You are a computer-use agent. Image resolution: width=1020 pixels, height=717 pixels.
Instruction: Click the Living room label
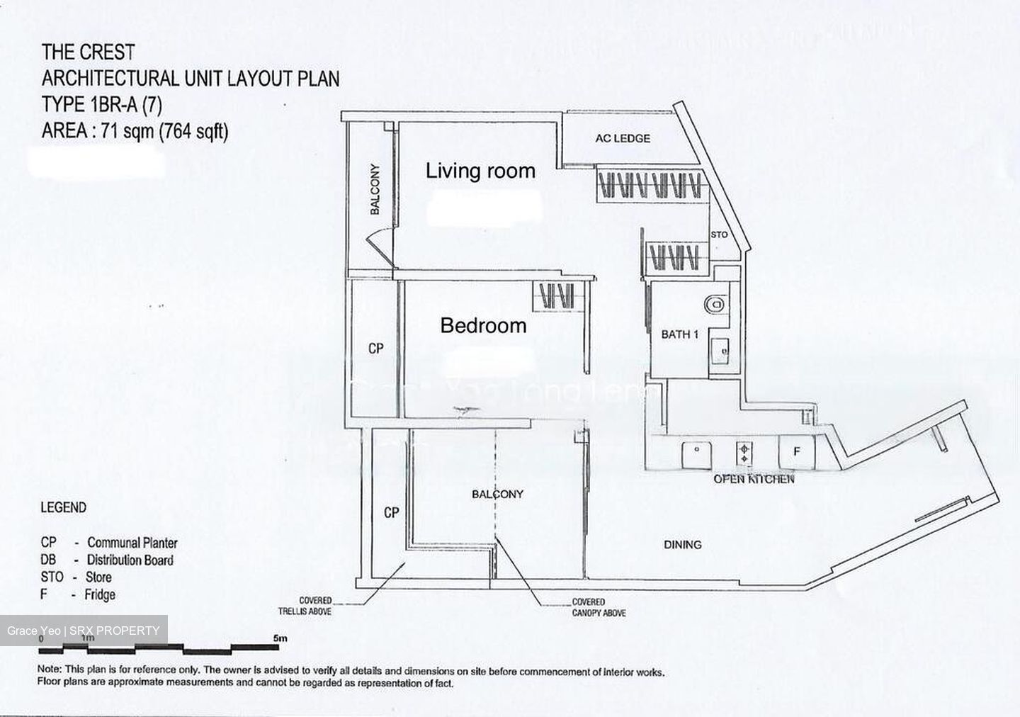coord(480,171)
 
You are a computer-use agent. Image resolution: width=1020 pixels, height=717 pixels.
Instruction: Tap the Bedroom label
coord(483,326)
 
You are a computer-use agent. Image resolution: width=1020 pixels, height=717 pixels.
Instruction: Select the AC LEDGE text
coord(623,138)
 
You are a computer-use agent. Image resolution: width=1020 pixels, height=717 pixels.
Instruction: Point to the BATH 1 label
coord(680,334)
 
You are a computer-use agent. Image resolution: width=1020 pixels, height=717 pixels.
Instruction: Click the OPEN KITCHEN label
coord(754,479)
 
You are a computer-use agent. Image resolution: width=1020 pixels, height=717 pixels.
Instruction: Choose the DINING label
coord(682,545)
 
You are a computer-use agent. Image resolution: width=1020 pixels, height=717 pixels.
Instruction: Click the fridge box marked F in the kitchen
coord(796,451)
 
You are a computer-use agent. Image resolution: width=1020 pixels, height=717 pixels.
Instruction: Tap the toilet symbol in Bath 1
coord(715,304)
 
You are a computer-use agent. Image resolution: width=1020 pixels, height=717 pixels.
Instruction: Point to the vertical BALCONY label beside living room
coord(375,189)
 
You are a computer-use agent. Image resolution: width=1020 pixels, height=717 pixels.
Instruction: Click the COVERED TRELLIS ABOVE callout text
coord(314,606)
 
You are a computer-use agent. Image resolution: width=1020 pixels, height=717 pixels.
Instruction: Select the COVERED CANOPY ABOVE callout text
coord(599,608)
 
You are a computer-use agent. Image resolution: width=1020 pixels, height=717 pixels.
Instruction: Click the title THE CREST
coord(88,52)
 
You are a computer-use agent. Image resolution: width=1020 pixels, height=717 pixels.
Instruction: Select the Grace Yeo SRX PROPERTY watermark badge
coord(84,631)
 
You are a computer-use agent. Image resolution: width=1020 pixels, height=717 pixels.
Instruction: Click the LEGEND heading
coord(63,508)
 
